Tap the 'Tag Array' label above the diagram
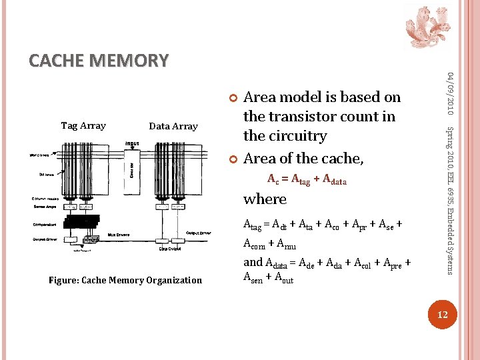(x=83, y=125)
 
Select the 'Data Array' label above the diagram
(x=173, y=126)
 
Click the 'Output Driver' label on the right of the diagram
(x=200, y=233)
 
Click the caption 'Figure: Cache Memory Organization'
(x=125, y=280)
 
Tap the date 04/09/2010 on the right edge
(x=450, y=91)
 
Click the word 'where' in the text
(x=265, y=199)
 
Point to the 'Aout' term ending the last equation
(x=283, y=279)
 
